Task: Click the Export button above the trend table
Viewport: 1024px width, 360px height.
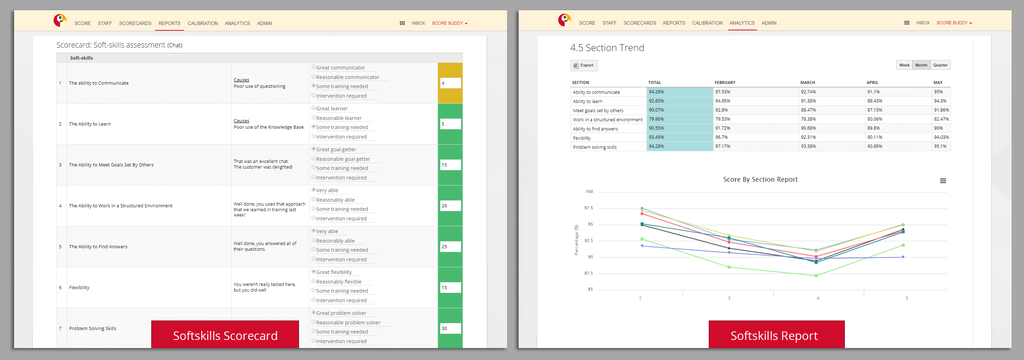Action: pos(584,66)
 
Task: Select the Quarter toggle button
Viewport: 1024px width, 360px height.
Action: pos(940,65)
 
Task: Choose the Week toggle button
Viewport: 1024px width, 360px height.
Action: pos(904,65)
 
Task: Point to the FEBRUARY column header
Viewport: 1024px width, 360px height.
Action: pos(725,83)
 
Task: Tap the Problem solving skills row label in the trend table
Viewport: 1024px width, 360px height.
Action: pos(594,147)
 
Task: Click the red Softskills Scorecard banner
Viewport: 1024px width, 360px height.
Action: pos(225,335)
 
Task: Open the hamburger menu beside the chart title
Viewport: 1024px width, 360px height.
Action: pos(943,181)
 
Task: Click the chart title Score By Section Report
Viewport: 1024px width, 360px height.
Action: pos(760,179)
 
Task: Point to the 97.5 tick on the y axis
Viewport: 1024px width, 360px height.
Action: pos(588,208)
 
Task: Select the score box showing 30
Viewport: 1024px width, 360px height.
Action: pos(450,328)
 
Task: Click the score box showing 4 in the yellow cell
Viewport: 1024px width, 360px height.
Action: pos(450,83)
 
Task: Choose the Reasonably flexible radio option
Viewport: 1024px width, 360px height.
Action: pos(313,281)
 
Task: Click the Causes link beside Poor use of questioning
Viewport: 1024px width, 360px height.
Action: pos(241,80)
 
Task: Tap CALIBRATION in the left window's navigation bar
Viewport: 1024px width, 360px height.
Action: pos(202,23)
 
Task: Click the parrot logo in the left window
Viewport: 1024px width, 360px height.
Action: pos(60,20)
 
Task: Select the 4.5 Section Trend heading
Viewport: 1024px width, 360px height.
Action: pos(607,48)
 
